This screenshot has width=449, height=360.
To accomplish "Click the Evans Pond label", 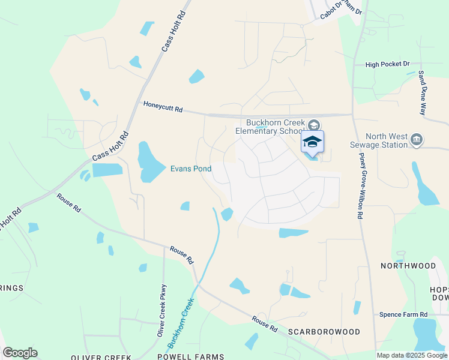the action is point(191,169).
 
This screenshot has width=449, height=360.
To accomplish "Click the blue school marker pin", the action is point(312,142).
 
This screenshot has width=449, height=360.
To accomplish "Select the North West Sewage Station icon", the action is point(417,140).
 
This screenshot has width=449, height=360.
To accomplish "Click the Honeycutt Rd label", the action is point(162,107).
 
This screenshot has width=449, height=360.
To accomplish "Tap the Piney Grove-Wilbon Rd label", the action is point(361,178).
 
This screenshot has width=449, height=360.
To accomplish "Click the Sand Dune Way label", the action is point(423,93).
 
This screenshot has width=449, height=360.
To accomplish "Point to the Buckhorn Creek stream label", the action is point(181,323).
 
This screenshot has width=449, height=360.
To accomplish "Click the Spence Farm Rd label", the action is point(403,314).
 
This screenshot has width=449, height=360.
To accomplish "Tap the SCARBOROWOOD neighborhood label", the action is point(324,332).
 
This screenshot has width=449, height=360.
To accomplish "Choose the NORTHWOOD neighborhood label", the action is point(408,265).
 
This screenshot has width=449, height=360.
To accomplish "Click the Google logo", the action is point(20,353).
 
